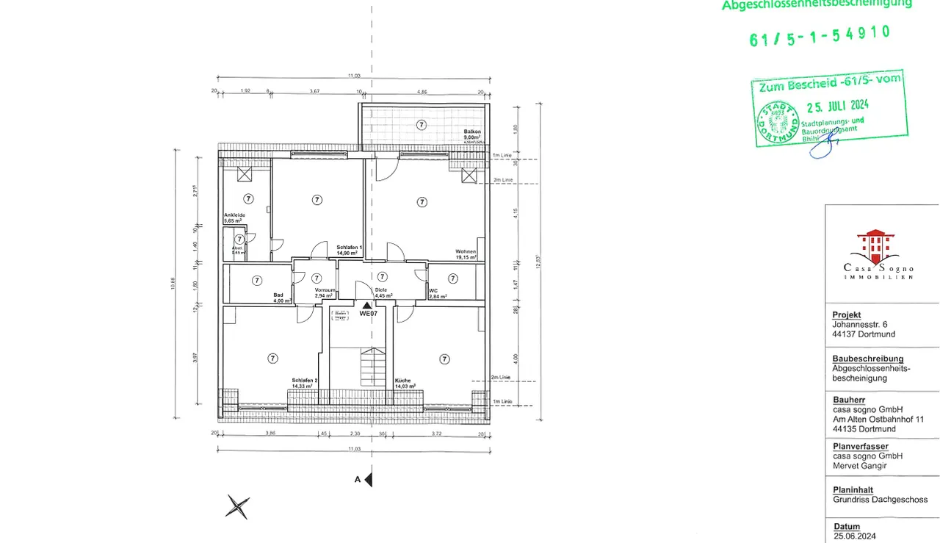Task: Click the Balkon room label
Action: coord(471,134)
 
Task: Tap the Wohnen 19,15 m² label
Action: coord(466,255)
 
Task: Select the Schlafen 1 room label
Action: coord(347,251)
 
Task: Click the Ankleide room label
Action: coord(234,217)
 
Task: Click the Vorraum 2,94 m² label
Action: coord(325,293)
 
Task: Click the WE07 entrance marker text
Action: coord(367,313)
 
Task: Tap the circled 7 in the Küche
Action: coord(444,359)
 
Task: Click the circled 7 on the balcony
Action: coord(421,125)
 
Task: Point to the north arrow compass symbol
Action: coord(237,506)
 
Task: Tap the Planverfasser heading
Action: coord(860,446)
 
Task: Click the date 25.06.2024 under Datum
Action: coord(854,536)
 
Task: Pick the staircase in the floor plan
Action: coord(372,367)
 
